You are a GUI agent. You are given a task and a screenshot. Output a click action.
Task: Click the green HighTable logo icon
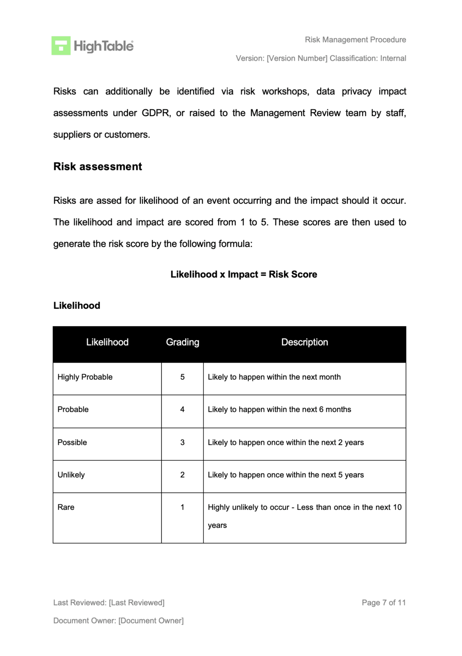click(x=61, y=46)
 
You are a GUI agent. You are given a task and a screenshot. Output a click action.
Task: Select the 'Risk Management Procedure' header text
click(x=355, y=40)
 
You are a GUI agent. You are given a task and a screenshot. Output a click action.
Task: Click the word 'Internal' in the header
click(x=393, y=59)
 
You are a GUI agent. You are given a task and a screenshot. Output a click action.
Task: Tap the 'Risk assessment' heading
click(x=97, y=167)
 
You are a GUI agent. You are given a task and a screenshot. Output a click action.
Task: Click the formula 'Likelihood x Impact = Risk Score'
click(x=244, y=275)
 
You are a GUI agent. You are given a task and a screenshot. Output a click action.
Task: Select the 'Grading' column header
click(x=183, y=343)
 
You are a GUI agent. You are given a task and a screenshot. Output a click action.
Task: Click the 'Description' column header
click(x=305, y=343)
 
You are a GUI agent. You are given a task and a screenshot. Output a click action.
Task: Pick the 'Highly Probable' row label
click(x=85, y=377)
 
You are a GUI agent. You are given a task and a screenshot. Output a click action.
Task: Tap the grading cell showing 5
click(x=183, y=377)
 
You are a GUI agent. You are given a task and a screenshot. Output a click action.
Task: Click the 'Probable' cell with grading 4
click(x=73, y=410)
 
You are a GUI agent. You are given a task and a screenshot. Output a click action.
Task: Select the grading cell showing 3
click(x=183, y=442)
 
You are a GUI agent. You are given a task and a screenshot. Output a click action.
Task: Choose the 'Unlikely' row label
click(x=71, y=475)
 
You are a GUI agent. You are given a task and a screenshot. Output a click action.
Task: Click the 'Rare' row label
click(x=66, y=507)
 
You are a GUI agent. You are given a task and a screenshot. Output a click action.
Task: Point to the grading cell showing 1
click(x=183, y=507)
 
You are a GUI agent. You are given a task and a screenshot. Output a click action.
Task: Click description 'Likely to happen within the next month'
click(x=274, y=377)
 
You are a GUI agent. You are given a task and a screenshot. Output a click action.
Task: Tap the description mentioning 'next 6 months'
click(x=279, y=410)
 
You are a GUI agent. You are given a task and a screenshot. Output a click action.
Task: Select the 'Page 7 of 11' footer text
click(x=384, y=603)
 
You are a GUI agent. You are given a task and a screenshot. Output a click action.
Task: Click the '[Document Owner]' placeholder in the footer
click(x=151, y=621)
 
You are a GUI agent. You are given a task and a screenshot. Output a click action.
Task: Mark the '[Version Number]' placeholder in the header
click(x=297, y=59)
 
